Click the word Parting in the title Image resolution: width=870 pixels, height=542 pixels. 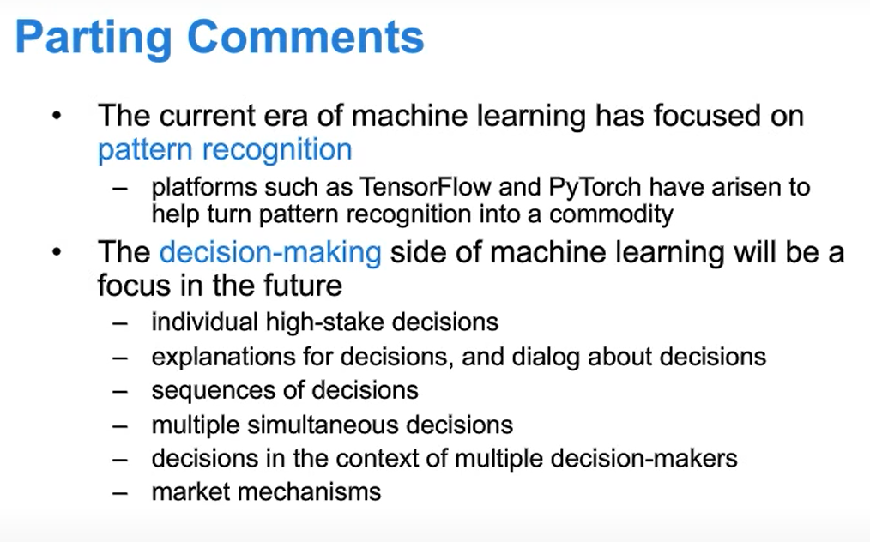pyautogui.click(x=94, y=39)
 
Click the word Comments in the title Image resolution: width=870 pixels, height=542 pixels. pyautogui.click(x=305, y=37)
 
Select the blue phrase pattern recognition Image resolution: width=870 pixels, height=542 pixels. pyautogui.click(x=226, y=150)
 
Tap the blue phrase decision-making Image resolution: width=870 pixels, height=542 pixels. pyautogui.click(x=270, y=253)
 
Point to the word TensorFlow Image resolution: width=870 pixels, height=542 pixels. pyautogui.click(x=426, y=187)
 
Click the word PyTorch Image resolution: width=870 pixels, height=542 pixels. pyautogui.click(x=595, y=188)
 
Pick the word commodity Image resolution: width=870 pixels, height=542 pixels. pyautogui.click(x=612, y=214)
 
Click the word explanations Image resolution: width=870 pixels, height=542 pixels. pyautogui.click(x=224, y=358)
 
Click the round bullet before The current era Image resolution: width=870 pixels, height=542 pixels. pyautogui.click(x=57, y=117)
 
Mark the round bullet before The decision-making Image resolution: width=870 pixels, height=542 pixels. pyautogui.click(x=57, y=252)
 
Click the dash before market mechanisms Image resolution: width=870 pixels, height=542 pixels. pyautogui.click(x=120, y=492)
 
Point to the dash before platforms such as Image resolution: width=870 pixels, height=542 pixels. pyautogui.click(x=120, y=188)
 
